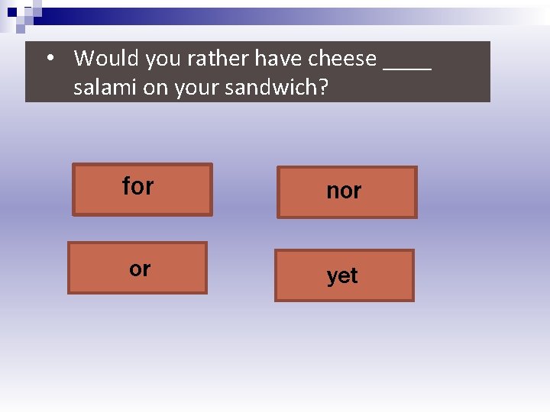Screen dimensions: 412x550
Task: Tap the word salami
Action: click(x=105, y=87)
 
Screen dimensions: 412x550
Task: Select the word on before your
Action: click(x=155, y=88)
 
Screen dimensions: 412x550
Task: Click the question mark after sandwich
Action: click(x=323, y=87)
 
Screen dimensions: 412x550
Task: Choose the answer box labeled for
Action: click(x=142, y=189)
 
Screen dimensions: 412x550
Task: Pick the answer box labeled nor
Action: click(x=346, y=192)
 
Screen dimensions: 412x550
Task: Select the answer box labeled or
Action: click(x=137, y=268)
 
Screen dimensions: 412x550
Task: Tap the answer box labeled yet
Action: click(x=344, y=275)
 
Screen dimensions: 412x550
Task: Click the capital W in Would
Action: click(x=85, y=58)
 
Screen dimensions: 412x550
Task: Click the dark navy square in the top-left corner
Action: click(x=12, y=12)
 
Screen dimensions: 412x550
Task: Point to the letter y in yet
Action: click(x=332, y=277)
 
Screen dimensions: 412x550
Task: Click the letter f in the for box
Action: click(x=126, y=185)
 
